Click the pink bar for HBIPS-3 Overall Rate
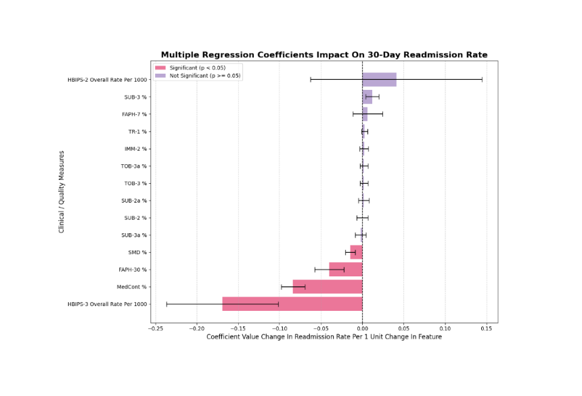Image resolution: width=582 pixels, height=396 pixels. pos(292,304)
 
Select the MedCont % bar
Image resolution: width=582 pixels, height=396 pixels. pos(328,287)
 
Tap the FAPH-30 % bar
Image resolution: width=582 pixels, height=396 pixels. pos(346,270)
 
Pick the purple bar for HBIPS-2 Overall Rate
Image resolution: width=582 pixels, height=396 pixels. pos(380,80)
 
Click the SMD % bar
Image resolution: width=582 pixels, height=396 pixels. pos(357,252)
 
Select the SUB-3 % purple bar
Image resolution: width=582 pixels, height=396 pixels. pos(367,97)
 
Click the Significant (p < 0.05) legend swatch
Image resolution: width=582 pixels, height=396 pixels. pos(160,68)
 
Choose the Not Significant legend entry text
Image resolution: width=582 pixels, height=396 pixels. pos(205,76)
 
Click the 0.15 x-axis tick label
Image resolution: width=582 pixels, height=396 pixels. pos(487,328)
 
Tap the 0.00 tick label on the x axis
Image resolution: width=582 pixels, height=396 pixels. pos(363,328)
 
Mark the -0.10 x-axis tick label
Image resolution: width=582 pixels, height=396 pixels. pos(279,328)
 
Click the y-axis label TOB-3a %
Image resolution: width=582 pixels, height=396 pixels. pos(133,166)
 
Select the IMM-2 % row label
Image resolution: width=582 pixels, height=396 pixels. pos(135,149)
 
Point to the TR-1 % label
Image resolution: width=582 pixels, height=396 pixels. pos(137,132)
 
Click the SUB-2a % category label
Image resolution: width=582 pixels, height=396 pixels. pos(134,201)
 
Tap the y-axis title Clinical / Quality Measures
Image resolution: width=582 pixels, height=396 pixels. pos(61,192)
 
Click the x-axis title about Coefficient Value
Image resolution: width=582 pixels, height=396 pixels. pos(324,337)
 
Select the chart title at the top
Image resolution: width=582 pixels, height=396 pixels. pos(324,55)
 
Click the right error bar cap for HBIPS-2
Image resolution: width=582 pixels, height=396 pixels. pos(482,80)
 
